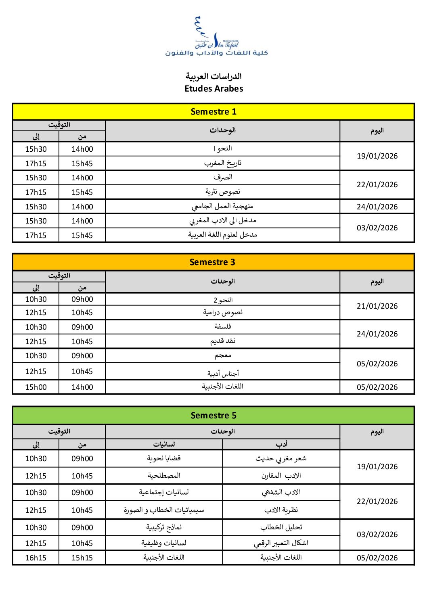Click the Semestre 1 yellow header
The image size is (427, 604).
(213, 112)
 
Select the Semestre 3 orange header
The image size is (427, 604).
(213, 262)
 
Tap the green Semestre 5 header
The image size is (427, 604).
(213, 416)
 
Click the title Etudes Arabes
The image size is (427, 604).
(213, 89)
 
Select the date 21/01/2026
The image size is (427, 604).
(377, 306)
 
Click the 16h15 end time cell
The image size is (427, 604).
(36, 558)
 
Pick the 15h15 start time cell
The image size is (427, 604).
(82, 558)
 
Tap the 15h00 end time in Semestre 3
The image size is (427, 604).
(36, 387)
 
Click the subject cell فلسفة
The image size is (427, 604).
(222, 327)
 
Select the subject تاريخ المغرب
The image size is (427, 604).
(222, 163)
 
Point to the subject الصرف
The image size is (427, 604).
(222, 178)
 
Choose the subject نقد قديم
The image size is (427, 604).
(222, 341)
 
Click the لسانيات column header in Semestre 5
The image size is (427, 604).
(164, 444)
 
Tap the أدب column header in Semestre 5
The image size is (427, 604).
(281, 444)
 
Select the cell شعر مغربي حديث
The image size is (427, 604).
(281, 459)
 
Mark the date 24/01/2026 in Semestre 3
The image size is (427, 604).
(377, 334)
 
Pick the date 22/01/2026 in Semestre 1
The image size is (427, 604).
(377, 185)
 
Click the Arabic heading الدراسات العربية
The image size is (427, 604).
(213, 76)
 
